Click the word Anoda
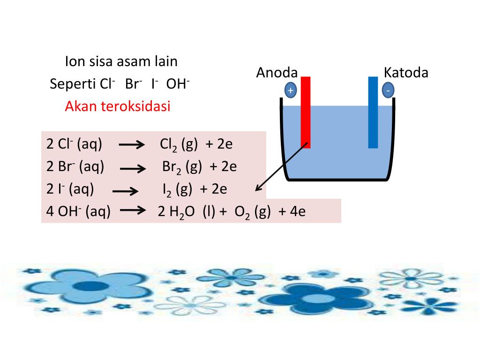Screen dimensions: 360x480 pyautogui.click(x=277, y=73)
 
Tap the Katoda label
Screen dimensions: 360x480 pyautogui.click(x=405, y=73)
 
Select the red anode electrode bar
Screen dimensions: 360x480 pyautogui.click(x=306, y=112)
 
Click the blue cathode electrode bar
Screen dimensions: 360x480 pyautogui.click(x=373, y=112)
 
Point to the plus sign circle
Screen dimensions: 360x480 pyautogui.click(x=291, y=90)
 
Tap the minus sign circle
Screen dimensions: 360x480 pyautogui.click(x=388, y=90)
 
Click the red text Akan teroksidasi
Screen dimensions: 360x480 pyautogui.click(x=118, y=106)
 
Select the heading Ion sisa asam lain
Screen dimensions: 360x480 pyautogui.click(x=121, y=61)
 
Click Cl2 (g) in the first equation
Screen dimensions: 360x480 pyautogui.click(x=179, y=144)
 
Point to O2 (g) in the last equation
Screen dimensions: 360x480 pyautogui.click(x=247, y=212)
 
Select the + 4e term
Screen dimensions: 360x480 pyautogui.click(x=292, y=212)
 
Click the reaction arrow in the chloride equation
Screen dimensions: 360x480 pyautogui.click(x=132, y=145)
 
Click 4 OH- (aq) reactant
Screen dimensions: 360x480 pyautogui.click(x=78, y=212)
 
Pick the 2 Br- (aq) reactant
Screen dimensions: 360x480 pyautogui.click(x=75, y=167)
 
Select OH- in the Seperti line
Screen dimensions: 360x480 pyautogui.click(x=178, y=84)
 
